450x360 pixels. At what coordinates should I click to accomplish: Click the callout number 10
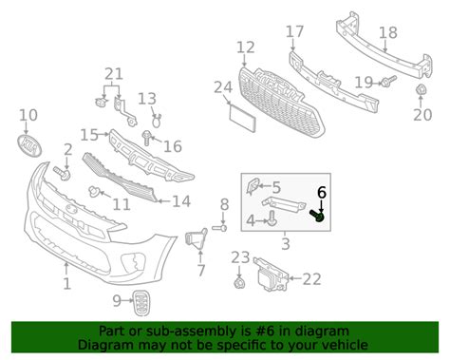tap(28, 115)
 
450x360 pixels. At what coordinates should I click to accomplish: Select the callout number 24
tap(222, 88)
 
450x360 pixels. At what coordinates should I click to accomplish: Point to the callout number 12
tap(246, 47)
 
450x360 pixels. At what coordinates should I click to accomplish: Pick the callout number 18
tap(387, 33)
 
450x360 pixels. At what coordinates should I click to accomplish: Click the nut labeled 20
tap(421, 91)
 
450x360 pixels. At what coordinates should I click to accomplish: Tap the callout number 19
tap(364, 82)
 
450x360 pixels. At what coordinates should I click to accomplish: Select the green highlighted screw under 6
tap(320, 218)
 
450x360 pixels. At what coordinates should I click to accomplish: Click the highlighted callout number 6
tap(321, 192)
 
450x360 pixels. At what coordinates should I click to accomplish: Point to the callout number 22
tap(312, 278)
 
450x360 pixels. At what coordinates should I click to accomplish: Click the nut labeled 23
tap(237, 283)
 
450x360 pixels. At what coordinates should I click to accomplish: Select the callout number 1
tap(66, 283)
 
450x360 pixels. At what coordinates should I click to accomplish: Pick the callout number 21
tap(114, 74)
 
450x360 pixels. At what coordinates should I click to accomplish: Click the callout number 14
tap(180, 201)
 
